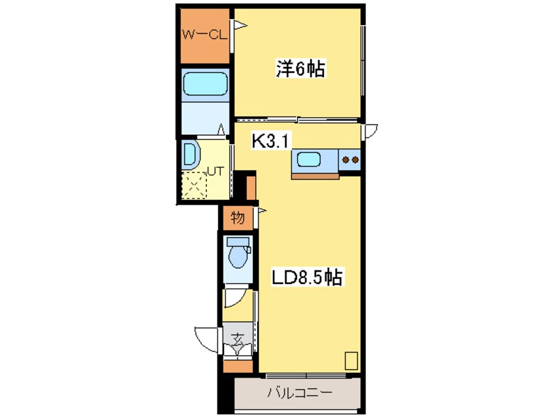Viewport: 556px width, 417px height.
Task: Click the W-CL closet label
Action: (204, 35)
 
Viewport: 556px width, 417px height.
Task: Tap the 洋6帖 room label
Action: (300, 68)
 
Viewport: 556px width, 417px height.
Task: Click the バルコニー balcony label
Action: (299, 395)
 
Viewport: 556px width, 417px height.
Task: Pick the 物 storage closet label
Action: (238, 216)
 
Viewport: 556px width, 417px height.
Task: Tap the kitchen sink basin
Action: (307, 159)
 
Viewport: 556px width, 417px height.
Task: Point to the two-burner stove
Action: (350, 159)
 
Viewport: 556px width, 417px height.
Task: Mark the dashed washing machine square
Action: (195, 184)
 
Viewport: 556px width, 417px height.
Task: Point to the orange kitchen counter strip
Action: (315, 175)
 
